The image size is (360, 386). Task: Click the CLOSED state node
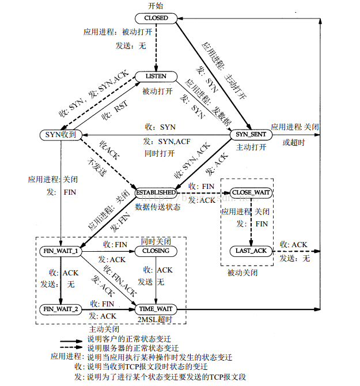156,18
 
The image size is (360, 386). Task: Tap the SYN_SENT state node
251,134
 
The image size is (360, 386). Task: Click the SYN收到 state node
61,135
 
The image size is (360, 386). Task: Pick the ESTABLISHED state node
155,192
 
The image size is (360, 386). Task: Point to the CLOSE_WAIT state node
251,192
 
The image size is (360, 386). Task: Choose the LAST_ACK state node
251,251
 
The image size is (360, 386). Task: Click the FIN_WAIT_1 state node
60,251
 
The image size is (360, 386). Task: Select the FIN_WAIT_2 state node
60,309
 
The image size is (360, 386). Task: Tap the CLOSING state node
156,251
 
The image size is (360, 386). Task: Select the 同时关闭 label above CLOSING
157,241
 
